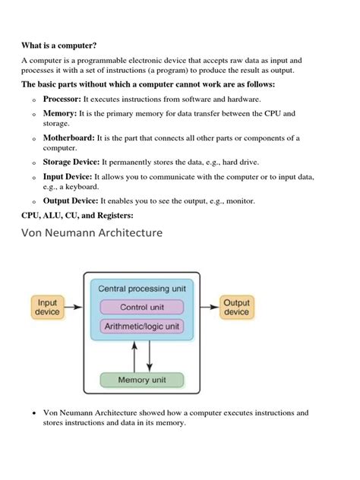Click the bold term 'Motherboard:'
pyautogui.click(x=69, y=137)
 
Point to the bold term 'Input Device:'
pyautogui.click(x=68, y=176)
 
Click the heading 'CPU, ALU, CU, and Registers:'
pyautogui.click(x=77, y=216)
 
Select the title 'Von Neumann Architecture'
pyautogui.click(x=92, y=233)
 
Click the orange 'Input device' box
pyautogui.click(x=47, y=308)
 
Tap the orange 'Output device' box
pyautogui.click(x=236, y=308)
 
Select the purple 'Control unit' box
pyautogui.click(x=142, y=308)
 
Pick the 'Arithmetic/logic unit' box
pyautogui.click(x=142, y=326)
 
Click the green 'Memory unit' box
pyautogui.click(x=142, y=380)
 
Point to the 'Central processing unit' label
pyautogui.click(x=142, y=289)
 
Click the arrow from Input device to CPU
pyautogui.click(x=74, y=308)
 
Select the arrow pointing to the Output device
pyautogui.click(x=210, y=308)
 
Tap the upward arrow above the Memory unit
pyautogui.click(x=134, y=355)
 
